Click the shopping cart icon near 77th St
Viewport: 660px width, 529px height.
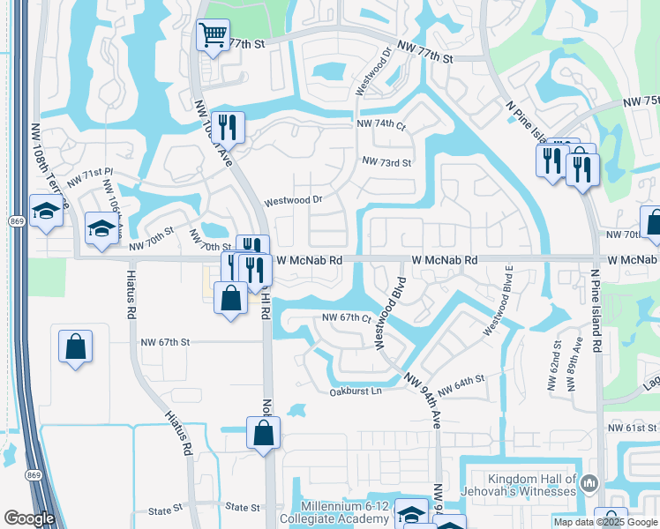[x=212, y=37]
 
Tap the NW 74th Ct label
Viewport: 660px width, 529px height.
[x=380, y=124]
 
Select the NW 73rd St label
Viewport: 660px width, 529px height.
[x=386, y=162]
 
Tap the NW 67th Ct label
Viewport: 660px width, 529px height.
[x=345, y=317]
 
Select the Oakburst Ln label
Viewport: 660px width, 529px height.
[x=356, y=391]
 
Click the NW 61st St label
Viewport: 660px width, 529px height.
[x=631, y=428]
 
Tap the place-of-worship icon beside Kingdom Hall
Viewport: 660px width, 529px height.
[x=590, y=483]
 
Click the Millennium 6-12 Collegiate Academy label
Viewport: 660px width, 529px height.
[x=351, y=511]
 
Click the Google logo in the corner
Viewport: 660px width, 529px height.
[x=29, y=518]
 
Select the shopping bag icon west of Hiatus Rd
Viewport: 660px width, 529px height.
[x=75, y=345]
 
